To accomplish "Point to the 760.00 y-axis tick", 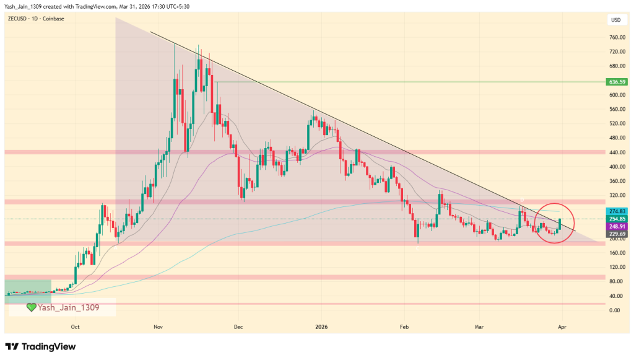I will [616, 37].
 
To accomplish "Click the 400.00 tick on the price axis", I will [616, 167].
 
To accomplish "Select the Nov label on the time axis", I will [157, 326].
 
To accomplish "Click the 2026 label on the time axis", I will [321, 326].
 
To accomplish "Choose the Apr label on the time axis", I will [561, 326].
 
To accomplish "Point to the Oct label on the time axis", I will [75, 326].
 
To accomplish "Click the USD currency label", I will [616, 20].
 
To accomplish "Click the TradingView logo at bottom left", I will [40, 346].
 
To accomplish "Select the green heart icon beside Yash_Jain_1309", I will [31, 307].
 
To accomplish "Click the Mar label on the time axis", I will [478, 326].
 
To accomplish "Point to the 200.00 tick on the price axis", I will [616, 239].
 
